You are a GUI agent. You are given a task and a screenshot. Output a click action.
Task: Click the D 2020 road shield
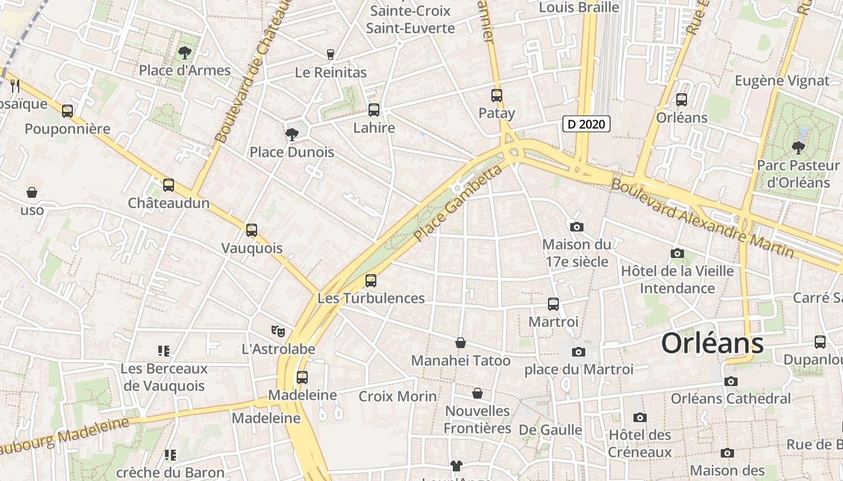pos(586,124)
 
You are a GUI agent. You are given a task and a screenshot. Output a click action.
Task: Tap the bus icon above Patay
pos(497,95)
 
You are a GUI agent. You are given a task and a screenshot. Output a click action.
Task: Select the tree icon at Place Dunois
pos(292,134)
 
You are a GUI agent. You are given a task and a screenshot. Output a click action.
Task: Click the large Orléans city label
pos(712,343)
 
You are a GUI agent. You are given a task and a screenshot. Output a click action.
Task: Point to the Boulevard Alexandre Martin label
pos(702,218)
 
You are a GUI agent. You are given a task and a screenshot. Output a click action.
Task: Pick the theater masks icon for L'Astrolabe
pos(278,331)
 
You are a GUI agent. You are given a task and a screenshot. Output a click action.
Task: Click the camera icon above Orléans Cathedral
pos(730,381)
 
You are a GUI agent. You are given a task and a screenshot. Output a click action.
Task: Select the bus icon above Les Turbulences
pos(371,280)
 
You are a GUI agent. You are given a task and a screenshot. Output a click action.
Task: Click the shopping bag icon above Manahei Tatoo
pos(461,343)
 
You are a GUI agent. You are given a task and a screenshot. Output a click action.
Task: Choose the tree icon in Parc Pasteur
pos(798,147)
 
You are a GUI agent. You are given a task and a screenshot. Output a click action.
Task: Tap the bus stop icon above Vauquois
pos(252,230)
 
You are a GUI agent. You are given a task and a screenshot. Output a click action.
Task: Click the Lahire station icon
pos(374,109)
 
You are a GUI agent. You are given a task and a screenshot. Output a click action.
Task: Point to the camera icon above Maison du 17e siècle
pos(576,227)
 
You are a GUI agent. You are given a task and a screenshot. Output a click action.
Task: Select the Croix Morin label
pos(397,396)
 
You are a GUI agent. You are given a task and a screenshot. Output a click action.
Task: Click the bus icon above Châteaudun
pos(169,185)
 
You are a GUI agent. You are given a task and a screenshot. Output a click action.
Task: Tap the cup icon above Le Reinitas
pos(330,55)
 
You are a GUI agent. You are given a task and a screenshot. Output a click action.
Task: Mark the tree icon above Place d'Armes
pos(185,53)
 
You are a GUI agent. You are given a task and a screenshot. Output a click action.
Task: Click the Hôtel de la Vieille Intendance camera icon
pos(677,253)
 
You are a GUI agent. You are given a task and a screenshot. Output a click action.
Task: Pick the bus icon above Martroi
pos(553,304)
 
